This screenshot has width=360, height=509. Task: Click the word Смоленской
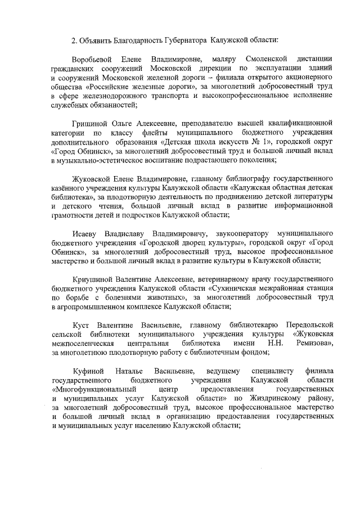[x=268, y=59]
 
